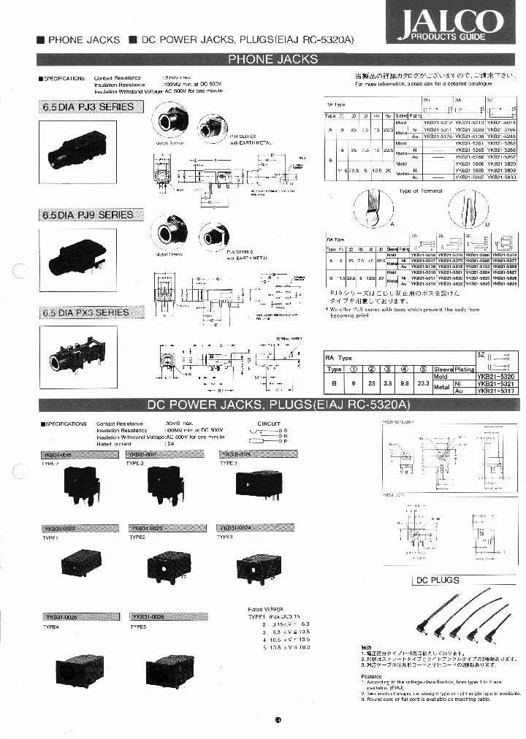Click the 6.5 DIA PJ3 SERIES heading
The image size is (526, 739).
pyautogui.click(x=88, y=107)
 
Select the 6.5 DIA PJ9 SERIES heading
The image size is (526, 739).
pyautogui.click(x=88, y=215)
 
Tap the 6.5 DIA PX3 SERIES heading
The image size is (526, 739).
pyautogui.click(x=85, y=313)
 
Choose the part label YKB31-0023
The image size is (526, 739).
pyautogui.click(x=150, y=527)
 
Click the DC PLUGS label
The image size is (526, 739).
pyautogui.click(x=438, y=580)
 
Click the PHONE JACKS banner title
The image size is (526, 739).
pyautogui.click(x=272, y=59)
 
